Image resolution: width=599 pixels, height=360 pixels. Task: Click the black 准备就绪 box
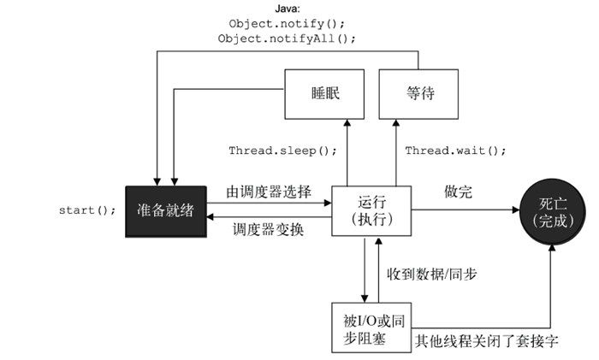pyautogui.click(x=166, y=210)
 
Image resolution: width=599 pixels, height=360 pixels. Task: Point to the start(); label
pyautogui.click(x=88, y=210)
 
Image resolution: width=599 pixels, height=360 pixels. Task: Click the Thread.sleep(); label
pyautogui.click(x=282, y=151)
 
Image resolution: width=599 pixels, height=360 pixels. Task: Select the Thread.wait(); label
pyautogui.click(x=455, y=151)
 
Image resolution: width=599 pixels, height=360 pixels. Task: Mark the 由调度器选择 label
pyautogui.click(x=269, y=190)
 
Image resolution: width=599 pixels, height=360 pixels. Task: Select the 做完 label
pyautogui.click(x=459, y=190)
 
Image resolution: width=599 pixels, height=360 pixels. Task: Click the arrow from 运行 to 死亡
pyautogui.click(x=466, y=210)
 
